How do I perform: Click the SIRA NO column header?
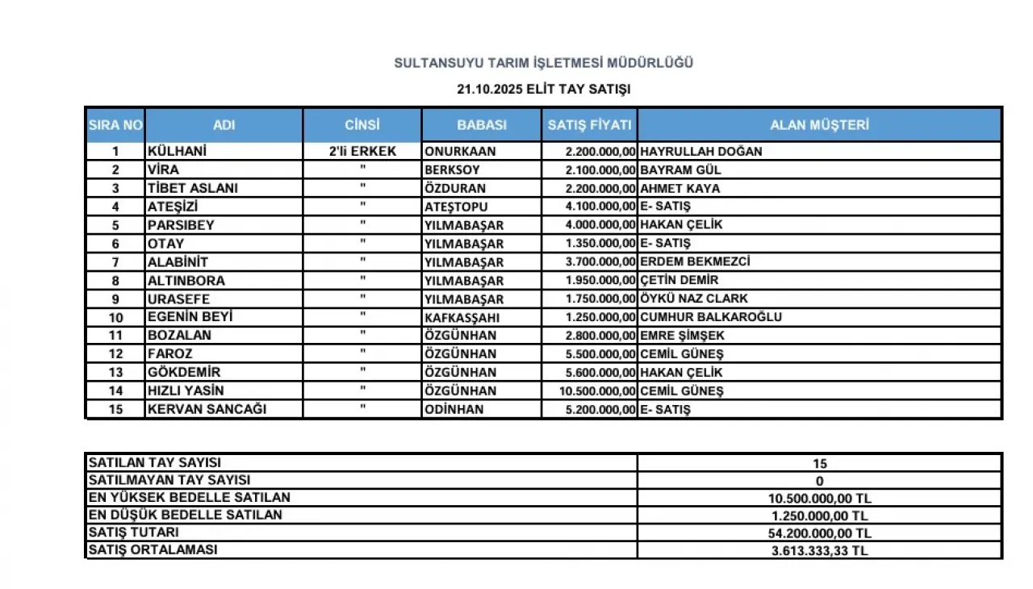coord(115,125)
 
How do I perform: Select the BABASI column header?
coord(482,125)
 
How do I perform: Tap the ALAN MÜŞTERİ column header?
coord(819,125)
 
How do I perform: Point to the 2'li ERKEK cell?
coord(362,151)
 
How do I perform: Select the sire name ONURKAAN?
coord(460,151)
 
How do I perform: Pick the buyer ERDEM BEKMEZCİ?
coord(695,262)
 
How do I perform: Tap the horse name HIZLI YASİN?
coord(186,391)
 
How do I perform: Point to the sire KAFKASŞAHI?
coord(464,317)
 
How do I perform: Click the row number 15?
coord(115,410)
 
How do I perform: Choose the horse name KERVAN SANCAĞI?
coord(207,409)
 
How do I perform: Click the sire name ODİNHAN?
coord(454,409)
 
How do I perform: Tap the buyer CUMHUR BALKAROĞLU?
coord(710,317)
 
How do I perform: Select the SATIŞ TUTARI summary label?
coord(133,533)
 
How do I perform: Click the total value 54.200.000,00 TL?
coord(819,533)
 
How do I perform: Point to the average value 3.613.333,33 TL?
coord(819,551)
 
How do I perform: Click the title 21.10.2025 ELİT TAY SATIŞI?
coord(543,90)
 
